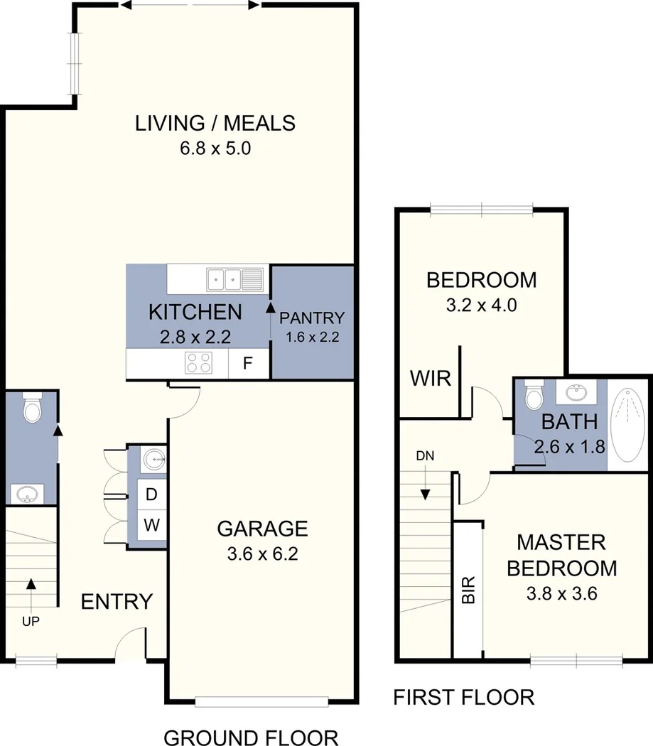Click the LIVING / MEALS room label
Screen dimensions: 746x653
(x=215, y=123)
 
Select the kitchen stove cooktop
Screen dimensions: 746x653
(x=199, y=363)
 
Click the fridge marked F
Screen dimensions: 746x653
(x=248, y=364)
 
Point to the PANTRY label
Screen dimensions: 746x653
(x=311, y=318)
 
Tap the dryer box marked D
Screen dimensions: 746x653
(x=151, y=494)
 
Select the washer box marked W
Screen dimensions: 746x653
(x=151, y=526)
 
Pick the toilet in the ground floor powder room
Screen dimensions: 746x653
(x=31, y=408)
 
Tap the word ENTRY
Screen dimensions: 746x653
(x=117, y=602)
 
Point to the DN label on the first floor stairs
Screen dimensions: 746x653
(x=424, y=455)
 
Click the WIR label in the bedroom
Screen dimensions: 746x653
(x=431, y=378)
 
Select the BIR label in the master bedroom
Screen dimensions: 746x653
(x=468, y=590)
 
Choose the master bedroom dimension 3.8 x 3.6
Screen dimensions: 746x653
(x=561, y=593)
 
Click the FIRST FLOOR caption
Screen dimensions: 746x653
(x=464, y=697)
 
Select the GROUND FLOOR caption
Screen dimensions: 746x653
(x=251, y=737)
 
